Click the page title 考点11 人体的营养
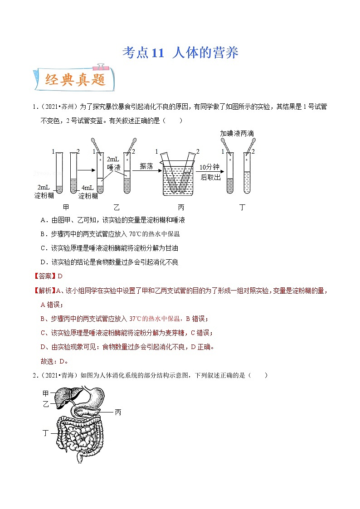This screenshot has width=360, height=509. [x=180, y=53]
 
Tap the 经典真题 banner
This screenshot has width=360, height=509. [x=75, y=80]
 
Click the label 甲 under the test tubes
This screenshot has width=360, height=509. [x=66, y=207]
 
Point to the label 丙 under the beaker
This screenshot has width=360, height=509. [x=181, y=207]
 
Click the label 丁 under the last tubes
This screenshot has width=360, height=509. [x=242, y=207]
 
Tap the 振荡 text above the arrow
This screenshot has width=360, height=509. [x=147, y=166]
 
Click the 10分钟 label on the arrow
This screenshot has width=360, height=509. [x=209, y=167]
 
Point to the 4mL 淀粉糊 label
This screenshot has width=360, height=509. [x=88, y=192]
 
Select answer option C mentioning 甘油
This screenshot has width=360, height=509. [x=116, y=248]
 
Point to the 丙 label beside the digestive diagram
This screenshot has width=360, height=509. [x=118, y=412]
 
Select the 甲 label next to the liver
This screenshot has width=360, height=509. [x=46, y=393]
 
